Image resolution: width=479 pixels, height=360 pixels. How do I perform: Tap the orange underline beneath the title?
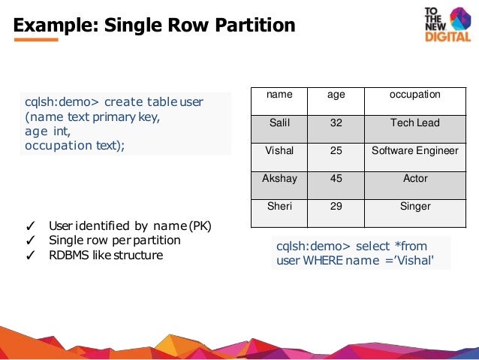click(36, 40)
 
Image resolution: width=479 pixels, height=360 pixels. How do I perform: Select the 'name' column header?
click(279, 95)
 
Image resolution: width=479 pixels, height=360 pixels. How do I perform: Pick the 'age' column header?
click(336, 95)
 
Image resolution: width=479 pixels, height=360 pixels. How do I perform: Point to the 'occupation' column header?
click(414, 95)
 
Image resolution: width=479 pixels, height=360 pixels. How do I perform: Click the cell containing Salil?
click(279, 123)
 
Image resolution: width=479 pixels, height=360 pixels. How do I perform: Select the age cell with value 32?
click(336, 123)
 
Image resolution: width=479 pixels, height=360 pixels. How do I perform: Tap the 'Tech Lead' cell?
click(414, 123)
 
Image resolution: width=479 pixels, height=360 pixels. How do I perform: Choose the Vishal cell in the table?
click(279, 150)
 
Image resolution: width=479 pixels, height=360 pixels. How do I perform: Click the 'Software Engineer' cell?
click(414, 150)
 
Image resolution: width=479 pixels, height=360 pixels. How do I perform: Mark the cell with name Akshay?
click(279, 179)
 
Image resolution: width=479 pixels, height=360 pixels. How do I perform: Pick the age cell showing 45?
click(336, 179)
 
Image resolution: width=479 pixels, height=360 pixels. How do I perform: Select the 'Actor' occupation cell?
click(414, 179)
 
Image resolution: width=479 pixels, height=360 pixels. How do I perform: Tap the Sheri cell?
click(279, 206)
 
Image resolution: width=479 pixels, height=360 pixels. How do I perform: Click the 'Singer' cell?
click(414, 206)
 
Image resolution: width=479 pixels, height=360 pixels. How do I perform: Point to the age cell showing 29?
click(336, 206)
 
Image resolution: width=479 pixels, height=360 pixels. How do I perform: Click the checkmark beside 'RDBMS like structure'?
click(31, 256)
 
